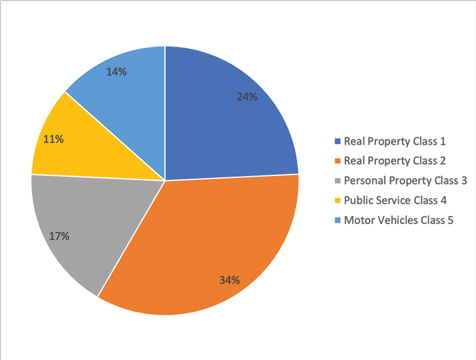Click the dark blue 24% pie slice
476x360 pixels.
[220, 120]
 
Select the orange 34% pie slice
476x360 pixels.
[207, 240]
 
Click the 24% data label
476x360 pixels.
[247, 97]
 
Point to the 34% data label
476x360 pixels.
[229, 280]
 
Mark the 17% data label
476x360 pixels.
[59, 235]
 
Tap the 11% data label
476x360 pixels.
[53, 139]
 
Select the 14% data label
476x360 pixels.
[117, 71]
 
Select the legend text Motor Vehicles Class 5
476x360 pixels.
[398, 220]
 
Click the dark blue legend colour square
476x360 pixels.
[337, 141]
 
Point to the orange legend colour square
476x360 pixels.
[337, 161]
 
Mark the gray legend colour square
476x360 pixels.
[337, 181]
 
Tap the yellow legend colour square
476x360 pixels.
[337, 201]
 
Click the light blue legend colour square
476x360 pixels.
[337, 220]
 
